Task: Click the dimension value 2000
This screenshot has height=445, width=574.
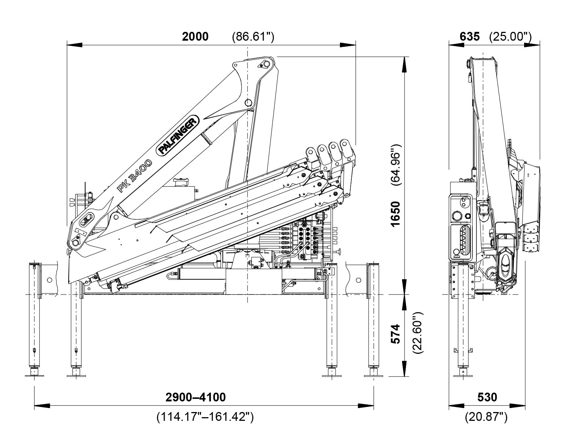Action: (195, 37)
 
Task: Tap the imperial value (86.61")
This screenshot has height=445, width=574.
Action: (253, 37)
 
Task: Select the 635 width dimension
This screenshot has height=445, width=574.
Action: (469, 37)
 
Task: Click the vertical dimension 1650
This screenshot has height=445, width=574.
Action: (395, 214)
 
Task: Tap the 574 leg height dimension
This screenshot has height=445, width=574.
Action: (395, 334)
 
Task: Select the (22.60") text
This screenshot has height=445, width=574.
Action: (418, 333)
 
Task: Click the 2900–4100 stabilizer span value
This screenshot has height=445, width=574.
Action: (195, 397)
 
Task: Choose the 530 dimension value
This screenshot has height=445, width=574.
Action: (487, 397)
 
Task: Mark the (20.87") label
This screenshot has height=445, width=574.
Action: (486, 417)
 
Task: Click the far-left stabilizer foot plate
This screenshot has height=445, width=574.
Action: (34, 374)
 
